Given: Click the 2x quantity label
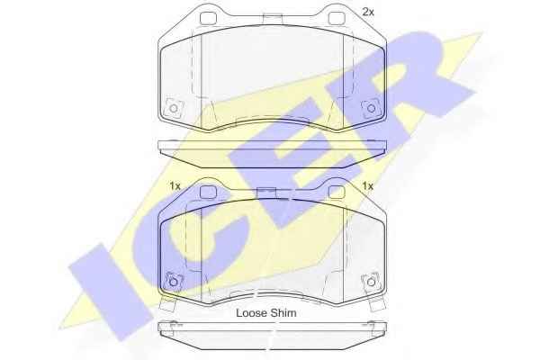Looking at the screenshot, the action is click(x=368, y=13).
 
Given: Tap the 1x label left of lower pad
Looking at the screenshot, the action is click(x=175, y=186).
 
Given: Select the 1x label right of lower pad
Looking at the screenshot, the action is click(x=368, y=186).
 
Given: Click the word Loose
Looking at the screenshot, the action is click(x=251, y=313).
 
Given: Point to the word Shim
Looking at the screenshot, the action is click(x=283, y=313).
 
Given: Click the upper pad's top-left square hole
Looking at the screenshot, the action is click(x=208, y=18).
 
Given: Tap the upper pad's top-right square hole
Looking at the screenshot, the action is click(x=337, y=18).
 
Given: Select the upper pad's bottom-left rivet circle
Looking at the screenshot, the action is click(x=174, y=109).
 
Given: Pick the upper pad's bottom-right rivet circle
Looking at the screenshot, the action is click(x=371, y=109).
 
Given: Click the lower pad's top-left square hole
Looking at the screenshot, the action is click(x=208, y=192).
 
